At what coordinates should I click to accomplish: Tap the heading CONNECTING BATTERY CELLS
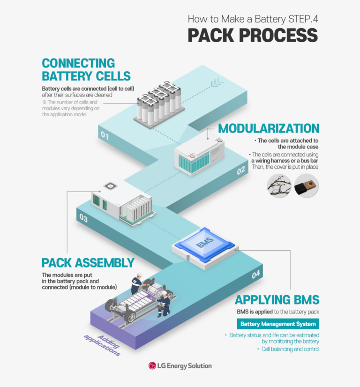86,69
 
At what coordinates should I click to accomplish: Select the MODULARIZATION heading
269,128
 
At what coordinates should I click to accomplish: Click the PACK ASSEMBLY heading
88,263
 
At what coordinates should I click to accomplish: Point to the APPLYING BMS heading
277,300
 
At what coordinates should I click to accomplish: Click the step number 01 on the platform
105,135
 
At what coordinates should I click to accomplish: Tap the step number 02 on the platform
241,171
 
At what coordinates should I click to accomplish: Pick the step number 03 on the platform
83,218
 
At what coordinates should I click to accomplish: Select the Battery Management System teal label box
278,324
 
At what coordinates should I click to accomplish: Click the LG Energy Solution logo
180,365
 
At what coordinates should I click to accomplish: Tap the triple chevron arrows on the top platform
217,83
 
